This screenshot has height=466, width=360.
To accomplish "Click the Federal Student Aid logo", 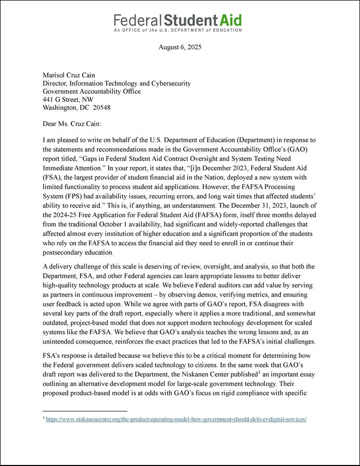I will tap(177, 20).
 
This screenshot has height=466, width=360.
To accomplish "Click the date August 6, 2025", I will tap(179, 47).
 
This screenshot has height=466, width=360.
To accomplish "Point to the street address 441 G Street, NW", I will tap(68, 99).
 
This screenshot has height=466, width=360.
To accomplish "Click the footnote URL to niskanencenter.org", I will tap(176, 419).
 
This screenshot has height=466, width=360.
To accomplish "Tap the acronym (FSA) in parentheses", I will tap(50, 178).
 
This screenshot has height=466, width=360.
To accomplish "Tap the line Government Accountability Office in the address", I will tap(92, 91).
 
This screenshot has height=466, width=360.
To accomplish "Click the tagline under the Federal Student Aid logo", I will tap(177, 30).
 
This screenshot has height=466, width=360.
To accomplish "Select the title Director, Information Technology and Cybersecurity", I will tap(117, 83).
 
